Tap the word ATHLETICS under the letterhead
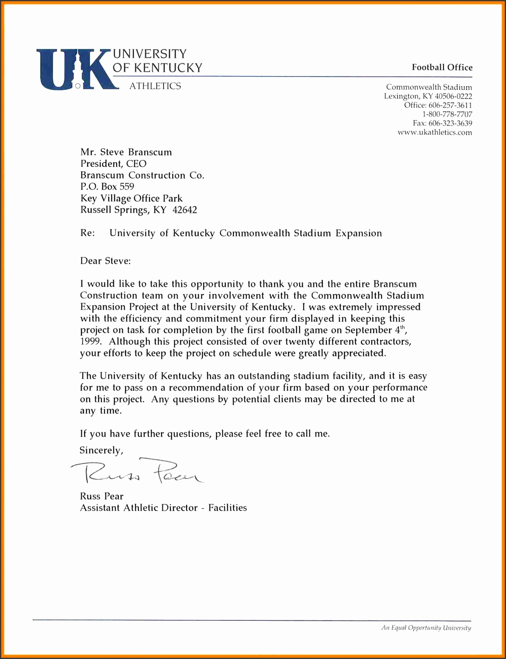[x=155, y=86]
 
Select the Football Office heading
[x=442, y=67]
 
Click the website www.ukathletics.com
[x=434, y=132]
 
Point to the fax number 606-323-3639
[x=450, y=123]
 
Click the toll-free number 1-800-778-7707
[x=447, y=114]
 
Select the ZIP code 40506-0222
[x=453, y=96]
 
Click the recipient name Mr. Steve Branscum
[x=126, y=152]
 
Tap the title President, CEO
[x=113, y=164]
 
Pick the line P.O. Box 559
[x=107, y=187]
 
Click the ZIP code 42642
[x=185, y=210]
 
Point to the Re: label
[x=87, y=233]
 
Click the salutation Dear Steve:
[x=105, y=261]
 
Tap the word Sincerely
[x=101, y=450]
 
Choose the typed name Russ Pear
[x=102, y=496]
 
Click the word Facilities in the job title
[x=227, y=508]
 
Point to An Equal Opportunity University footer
[x=426, y=628]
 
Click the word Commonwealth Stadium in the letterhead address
[x=429, y=87]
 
